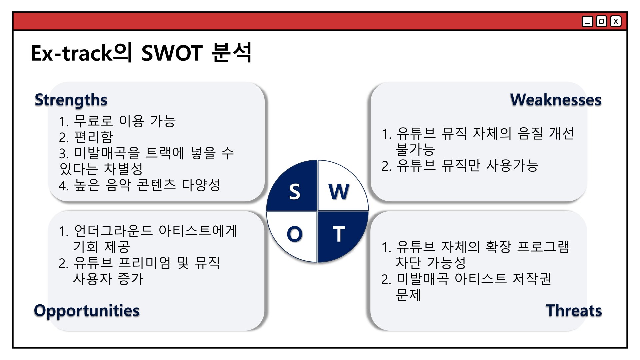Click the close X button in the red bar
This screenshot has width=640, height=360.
(616, 22)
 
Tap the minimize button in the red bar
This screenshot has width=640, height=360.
(587, 22)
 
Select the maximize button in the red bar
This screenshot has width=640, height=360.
(601, 22)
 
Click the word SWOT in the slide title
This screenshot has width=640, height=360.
(172, 53)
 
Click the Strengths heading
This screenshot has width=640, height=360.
(71, 100)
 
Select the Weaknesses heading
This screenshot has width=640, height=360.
(556, 100)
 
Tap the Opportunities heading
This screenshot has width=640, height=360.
(87, 311)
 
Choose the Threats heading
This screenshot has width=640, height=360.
(574, 310)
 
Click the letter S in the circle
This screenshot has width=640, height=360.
(294, 192)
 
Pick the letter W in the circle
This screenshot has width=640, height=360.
(339, 192)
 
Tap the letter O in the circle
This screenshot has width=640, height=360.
(295, 234)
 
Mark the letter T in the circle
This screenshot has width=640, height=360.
(339, 234)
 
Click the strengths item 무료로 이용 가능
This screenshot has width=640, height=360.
(125, 121)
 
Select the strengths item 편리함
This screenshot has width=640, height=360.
(94, 137)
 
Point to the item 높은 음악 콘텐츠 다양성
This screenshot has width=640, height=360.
(147, 185)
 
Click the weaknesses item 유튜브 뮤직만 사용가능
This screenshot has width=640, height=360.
(467, 165)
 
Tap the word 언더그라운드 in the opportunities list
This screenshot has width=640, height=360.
(113, 231)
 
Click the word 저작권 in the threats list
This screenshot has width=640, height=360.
(532, 279)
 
